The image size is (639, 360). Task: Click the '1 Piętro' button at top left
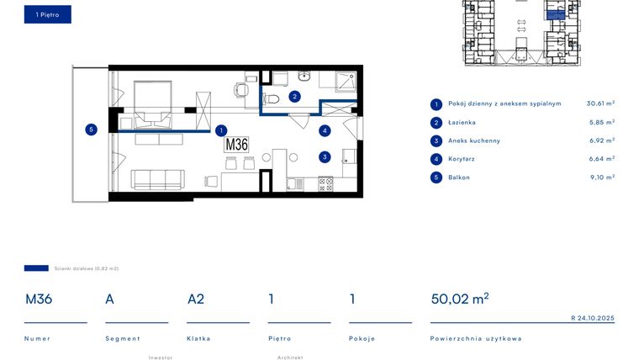[47, 14]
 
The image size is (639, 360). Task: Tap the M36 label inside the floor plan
[236, 144]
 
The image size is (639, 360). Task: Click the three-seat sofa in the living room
[157, 179]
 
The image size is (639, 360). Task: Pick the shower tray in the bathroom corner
[345, 82]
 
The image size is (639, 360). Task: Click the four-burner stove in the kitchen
[325, 183]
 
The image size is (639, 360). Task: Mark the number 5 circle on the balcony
[91, 130]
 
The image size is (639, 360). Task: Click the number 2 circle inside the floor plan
[294, 97]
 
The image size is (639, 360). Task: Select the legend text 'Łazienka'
[462, 123]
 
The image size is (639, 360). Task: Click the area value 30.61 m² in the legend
[600, 104]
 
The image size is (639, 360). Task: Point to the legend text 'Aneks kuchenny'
[473, 141]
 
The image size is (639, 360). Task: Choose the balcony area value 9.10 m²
[602, 177]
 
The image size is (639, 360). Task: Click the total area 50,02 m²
[459, 299]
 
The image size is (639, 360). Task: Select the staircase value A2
[196, 299]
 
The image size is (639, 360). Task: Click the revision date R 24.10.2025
[592, 318]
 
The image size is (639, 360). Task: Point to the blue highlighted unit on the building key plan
[556, 13]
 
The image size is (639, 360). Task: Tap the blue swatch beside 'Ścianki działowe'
[36, 268]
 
